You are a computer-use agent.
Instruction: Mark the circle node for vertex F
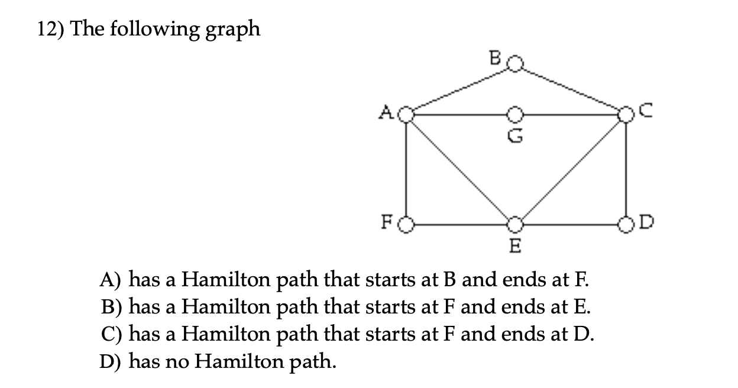click(406, 225)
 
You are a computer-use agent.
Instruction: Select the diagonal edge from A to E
click(461, 169)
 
